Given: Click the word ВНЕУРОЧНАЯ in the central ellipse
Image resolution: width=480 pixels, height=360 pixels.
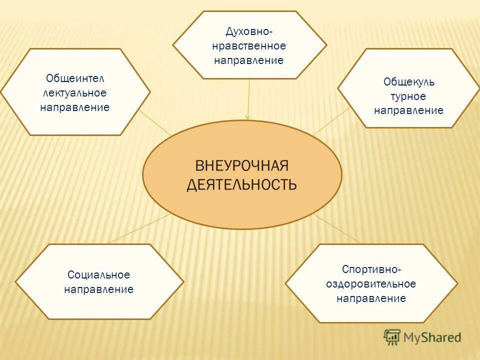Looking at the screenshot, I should coord(242,166).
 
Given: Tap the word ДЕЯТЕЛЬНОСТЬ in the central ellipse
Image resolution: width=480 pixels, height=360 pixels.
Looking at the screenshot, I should coord(242,185).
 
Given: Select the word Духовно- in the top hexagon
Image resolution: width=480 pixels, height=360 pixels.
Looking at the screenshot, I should coord(249,32).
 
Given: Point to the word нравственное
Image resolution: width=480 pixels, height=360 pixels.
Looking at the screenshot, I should coord(249,46).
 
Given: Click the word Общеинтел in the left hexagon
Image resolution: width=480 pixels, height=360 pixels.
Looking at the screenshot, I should coord(75,78).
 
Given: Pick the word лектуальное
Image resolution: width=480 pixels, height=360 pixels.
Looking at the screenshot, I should coord(75,93).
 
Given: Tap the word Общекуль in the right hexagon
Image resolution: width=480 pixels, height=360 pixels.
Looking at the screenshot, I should coord(408,82).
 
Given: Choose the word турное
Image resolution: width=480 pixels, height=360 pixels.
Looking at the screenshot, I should coord(408,96).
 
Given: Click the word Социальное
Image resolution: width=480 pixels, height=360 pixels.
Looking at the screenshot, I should coord(98,275).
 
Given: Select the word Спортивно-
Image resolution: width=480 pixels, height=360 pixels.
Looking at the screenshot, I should coord(371,269).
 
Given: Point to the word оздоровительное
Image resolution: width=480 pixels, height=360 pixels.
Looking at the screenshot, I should coord(371,284).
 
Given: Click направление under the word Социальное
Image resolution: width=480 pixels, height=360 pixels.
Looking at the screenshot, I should coord(98,289).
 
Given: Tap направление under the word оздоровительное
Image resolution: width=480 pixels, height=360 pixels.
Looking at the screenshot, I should coord(371,298).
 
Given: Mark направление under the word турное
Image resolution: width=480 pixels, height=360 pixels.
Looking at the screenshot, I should coord(408,111).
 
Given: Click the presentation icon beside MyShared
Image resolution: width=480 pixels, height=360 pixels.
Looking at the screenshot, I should coord(392,337).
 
